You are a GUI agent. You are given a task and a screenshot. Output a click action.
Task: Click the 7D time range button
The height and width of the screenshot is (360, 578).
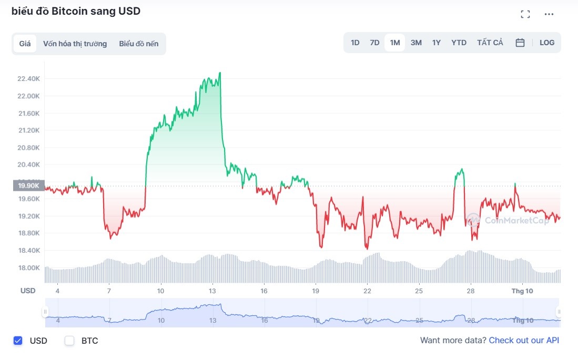tap(374, 43)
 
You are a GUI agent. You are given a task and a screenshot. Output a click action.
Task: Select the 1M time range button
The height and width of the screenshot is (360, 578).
tap(394, 43)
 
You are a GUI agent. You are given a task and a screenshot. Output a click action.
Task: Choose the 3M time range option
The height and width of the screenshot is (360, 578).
tap(416, 43)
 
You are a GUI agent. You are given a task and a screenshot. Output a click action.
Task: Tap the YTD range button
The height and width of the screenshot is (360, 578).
tap(459, 43)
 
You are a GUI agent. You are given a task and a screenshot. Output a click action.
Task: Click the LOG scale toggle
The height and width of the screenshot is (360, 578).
tap(547, 43)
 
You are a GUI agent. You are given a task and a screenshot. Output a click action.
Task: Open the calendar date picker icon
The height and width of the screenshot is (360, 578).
tap(520, 43)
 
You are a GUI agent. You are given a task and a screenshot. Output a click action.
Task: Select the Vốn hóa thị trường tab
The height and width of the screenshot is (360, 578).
tap(75, 44)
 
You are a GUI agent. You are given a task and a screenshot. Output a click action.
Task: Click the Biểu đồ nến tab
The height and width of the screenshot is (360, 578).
tap(138, 44)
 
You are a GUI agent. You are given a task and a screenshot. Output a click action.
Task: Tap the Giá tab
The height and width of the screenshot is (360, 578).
tap(25, 44)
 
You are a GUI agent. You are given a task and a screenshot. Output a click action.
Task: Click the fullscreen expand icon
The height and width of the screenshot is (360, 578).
tap(525, 14)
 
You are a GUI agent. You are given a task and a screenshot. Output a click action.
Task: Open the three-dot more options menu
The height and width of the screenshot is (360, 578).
tap(549, 14)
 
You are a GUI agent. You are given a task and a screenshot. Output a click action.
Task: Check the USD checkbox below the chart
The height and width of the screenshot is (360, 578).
tap(18, 341)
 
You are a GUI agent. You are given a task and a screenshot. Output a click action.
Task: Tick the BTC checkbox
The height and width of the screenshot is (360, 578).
tap(69, 341)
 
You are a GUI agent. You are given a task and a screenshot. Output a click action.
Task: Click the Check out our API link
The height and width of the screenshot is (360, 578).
tap(524, 340)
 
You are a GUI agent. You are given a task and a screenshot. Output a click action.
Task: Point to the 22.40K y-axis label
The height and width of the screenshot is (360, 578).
tap(28, 79)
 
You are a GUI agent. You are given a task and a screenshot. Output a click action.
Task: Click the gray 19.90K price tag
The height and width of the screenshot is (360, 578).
tap(28, 186)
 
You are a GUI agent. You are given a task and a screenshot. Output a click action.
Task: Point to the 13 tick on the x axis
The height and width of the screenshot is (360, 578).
tap(212, 291)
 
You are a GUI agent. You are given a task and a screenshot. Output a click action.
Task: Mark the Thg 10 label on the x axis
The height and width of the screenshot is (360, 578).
tap(523, 291)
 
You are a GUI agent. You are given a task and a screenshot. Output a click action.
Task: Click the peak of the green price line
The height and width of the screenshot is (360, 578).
tap(220, 73)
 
